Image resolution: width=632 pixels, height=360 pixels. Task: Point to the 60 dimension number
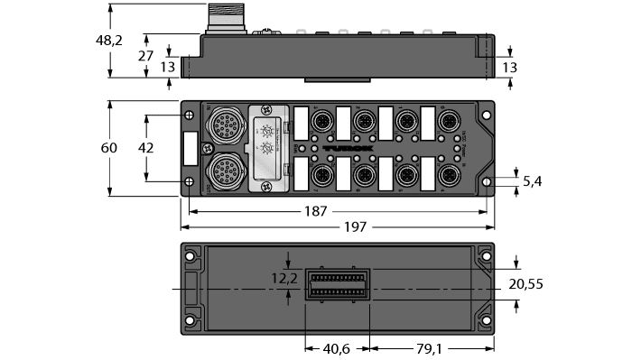click(x=109, y=146)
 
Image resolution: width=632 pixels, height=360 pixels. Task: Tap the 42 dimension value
click(x=145, y=147)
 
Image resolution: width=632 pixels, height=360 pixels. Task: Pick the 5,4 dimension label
click(x=533, y=180)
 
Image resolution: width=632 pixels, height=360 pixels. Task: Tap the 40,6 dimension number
click(x=339, y=346)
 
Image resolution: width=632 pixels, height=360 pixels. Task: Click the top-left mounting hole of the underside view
click(x=191, y=255)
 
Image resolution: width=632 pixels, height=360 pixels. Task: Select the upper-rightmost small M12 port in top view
click(x=448, y=120)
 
